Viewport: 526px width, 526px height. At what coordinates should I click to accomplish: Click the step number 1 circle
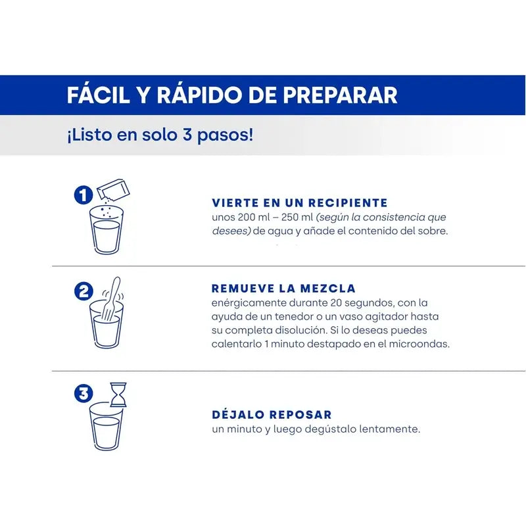point(83,195)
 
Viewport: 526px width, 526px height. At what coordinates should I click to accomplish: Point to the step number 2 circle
point(83,291)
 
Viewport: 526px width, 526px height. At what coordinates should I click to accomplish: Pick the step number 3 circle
point(83,394)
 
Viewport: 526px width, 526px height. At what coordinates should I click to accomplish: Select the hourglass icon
point(118,394)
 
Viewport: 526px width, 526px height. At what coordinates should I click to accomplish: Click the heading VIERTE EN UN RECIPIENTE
point(299,203)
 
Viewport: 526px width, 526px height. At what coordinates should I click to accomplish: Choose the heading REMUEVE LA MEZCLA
point(283,289)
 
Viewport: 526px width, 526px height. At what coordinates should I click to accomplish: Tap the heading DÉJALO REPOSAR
point(272,415)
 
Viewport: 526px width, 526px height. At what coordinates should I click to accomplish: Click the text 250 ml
point(295,217)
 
